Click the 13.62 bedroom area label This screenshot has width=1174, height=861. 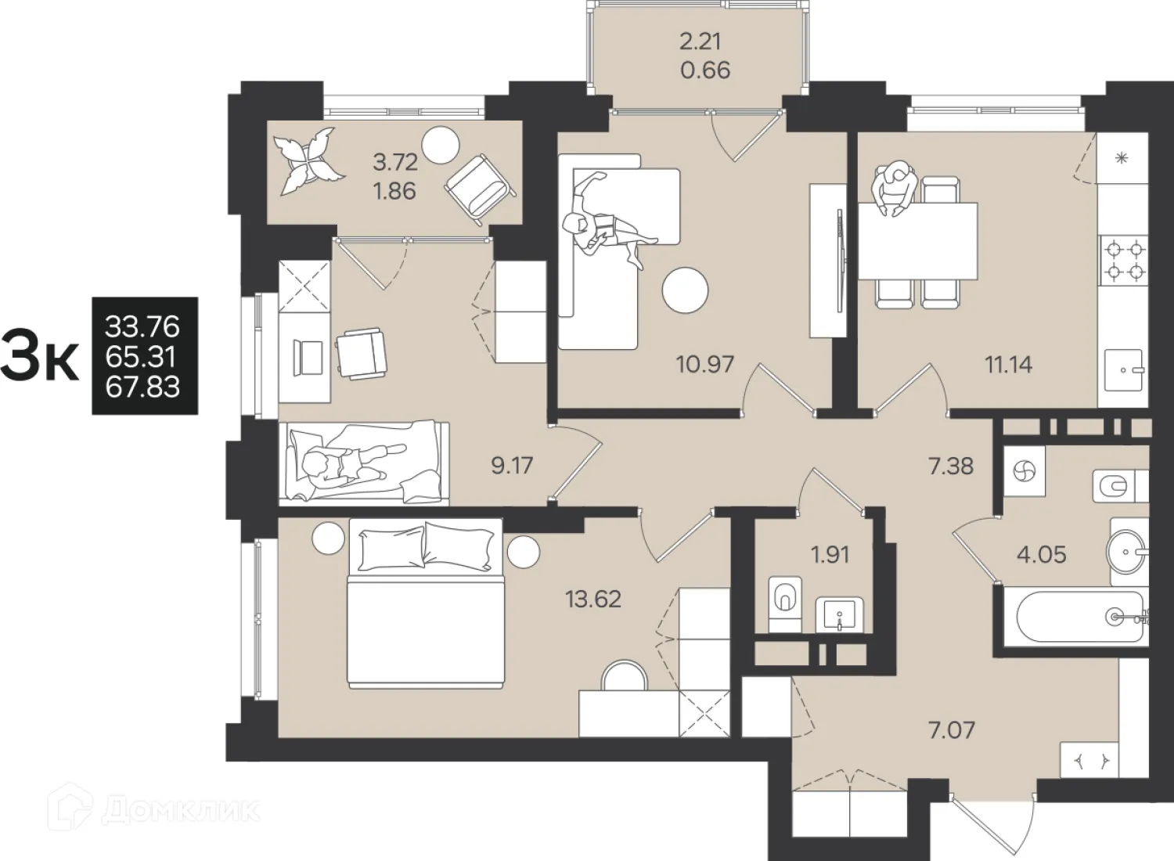point(593,599)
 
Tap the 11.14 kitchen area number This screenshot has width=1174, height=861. point(1009,365)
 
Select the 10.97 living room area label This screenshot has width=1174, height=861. point(705,364)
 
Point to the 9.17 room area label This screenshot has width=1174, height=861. point(512,466)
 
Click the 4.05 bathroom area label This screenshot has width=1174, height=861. point(1042,554)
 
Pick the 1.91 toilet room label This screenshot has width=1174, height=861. point(830,554)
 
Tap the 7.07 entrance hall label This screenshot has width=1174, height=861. point(951,730)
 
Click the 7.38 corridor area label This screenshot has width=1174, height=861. point(951,466)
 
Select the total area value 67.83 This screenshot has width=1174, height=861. point(142,387)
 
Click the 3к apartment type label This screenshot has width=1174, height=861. point(40,357)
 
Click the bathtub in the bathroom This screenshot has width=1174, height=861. point(1081,617)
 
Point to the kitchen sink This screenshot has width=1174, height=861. point(1123,370)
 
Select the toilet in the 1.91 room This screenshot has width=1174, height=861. point(785,604)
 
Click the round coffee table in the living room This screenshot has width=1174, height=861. point(685,290)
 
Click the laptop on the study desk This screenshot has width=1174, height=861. point(309,357)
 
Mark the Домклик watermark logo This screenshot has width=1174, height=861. point(153,812)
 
